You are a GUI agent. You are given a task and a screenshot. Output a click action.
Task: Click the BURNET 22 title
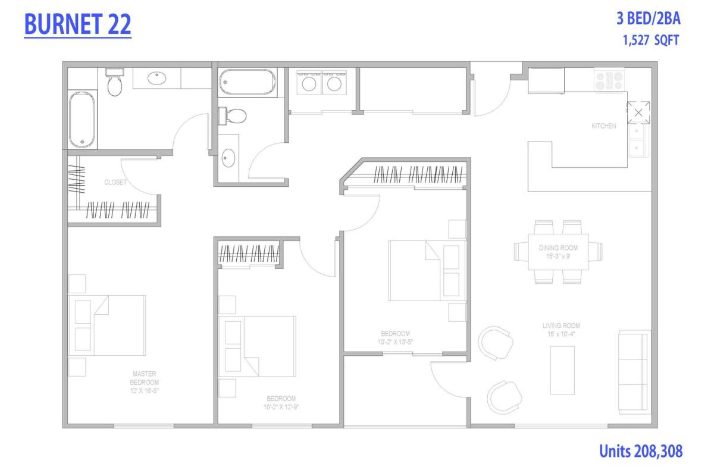(x=77, y=24)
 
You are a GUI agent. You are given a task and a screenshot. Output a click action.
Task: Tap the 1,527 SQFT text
(x=651, y=40)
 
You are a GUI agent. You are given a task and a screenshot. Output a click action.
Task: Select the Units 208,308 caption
(x=641, y=451)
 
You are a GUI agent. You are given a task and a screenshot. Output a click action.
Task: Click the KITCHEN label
(x=604, y=126)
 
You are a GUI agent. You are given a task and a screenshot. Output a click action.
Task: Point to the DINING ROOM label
(x=558, y=248)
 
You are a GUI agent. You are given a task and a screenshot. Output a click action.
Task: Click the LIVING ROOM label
(x=561, y=325)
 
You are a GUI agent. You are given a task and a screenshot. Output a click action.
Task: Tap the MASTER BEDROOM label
(x=145, y=378)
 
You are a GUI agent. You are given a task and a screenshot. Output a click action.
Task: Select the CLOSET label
(x=115, y=182)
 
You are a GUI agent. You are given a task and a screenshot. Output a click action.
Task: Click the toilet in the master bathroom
(x=115, y=82)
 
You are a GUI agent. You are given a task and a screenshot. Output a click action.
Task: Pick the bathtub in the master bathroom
(x=82, y=120)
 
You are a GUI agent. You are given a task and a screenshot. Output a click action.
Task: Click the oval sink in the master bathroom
(x=157, y=78)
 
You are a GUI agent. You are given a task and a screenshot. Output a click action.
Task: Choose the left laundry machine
(x=309, y=83)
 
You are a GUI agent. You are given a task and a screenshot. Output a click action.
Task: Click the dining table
(x=559, y=252)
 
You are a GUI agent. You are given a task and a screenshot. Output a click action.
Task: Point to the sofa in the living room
(x=634, y=372)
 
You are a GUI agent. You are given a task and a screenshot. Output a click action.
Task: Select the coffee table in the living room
(x=562, y=371)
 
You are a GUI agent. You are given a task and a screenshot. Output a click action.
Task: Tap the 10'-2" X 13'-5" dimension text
(x=395, y=342)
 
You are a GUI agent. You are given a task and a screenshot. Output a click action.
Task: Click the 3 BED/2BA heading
(x=649, y=18)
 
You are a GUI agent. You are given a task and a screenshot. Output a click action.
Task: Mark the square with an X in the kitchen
(x=638, y=112)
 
